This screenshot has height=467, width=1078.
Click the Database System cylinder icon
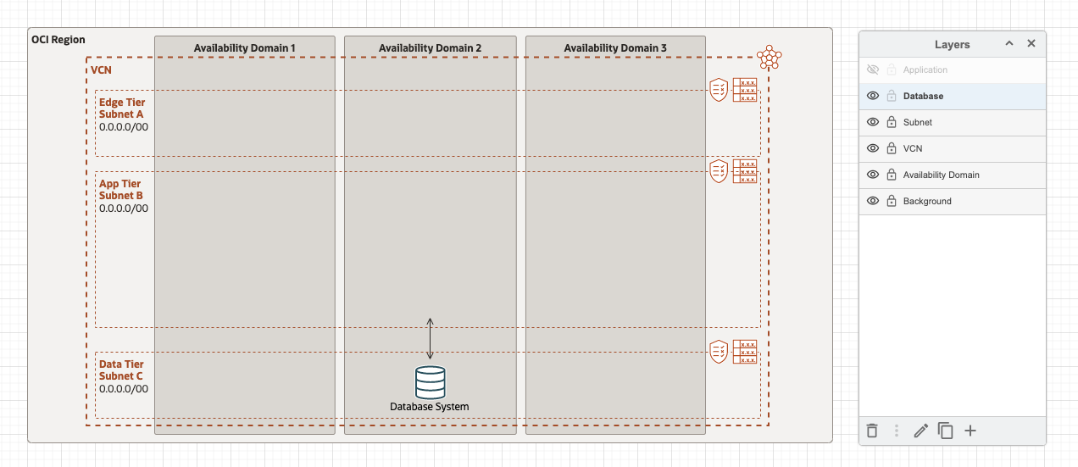tap(430, 382)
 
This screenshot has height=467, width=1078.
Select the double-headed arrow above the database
tap(430, 339)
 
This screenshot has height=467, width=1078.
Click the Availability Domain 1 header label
tap(244, 48)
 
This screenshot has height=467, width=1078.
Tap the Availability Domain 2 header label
tap(430, 48)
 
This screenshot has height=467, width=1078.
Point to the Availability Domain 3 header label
tap(614, 48)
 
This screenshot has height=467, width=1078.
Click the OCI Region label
tap(58, 40)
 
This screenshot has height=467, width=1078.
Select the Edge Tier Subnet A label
tap(122, 108)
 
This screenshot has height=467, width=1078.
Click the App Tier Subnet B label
tap(120, 190)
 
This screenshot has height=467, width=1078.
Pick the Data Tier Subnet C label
tap(121, 370)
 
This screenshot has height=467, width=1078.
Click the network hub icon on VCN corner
tap(769, 57)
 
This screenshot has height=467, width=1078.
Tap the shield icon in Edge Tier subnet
tap(719, 90)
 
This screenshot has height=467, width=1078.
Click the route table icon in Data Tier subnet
tap(745, 352)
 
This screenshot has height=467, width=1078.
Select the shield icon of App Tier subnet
tap(719, 171)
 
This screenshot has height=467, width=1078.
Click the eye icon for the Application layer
tap(873, 70)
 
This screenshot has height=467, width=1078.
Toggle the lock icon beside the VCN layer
tap(892, 149)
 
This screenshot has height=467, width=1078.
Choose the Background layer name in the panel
tap(927, 202)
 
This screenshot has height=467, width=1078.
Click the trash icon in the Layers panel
tap(872, 431)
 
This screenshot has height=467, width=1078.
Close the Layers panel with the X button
tap(1031, 44)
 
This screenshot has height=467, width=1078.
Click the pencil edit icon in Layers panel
tap(921, 431)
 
